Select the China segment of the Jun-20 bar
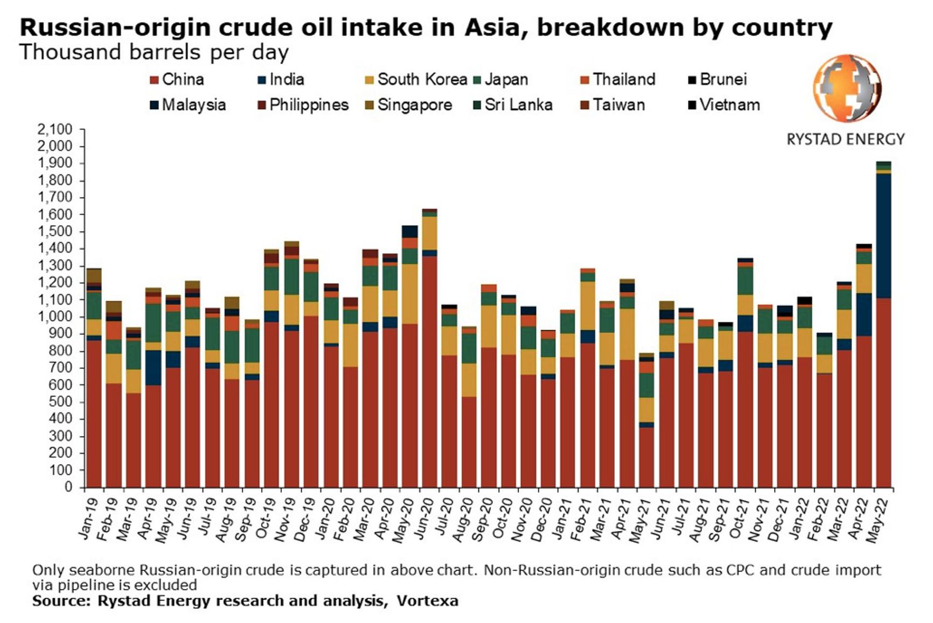point(429,372)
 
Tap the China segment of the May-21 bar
point(646,457)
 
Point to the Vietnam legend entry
point(723,104)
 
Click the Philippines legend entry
point(303,104)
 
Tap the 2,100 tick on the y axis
point(55,129)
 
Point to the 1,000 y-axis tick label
point(55,317)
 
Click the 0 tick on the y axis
point(68,487)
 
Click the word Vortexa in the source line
point(427,601)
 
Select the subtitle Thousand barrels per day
point(154,52)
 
